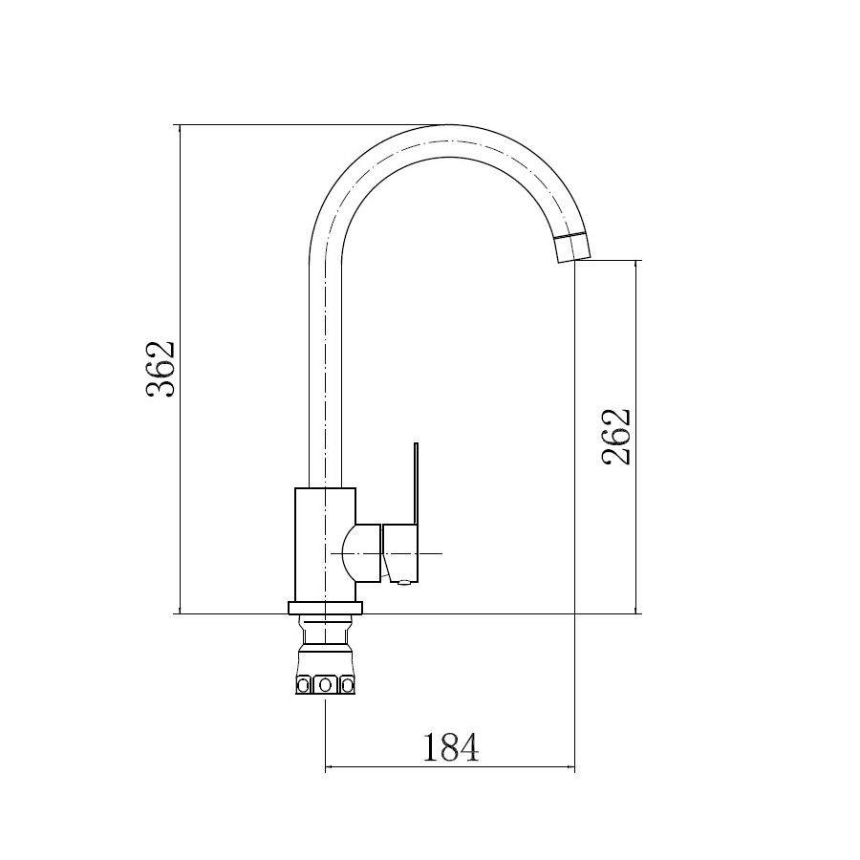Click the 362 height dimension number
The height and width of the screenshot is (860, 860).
[160, 369]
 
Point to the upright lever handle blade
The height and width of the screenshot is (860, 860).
[416, 483]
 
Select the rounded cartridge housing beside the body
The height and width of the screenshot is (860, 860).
[367, 553]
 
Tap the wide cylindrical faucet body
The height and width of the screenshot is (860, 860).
[325, 545]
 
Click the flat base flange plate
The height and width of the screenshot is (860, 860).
[325, 608]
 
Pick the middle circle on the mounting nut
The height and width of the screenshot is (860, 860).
[325, 684]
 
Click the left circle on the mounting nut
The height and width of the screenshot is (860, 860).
[306, 684]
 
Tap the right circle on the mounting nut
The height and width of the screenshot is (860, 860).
[345, 684]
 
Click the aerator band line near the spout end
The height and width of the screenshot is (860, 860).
[571, 235]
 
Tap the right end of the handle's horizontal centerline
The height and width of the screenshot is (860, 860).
[443, 553]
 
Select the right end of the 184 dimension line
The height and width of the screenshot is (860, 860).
[575, 767]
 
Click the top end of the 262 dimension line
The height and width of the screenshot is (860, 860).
[637, 260]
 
